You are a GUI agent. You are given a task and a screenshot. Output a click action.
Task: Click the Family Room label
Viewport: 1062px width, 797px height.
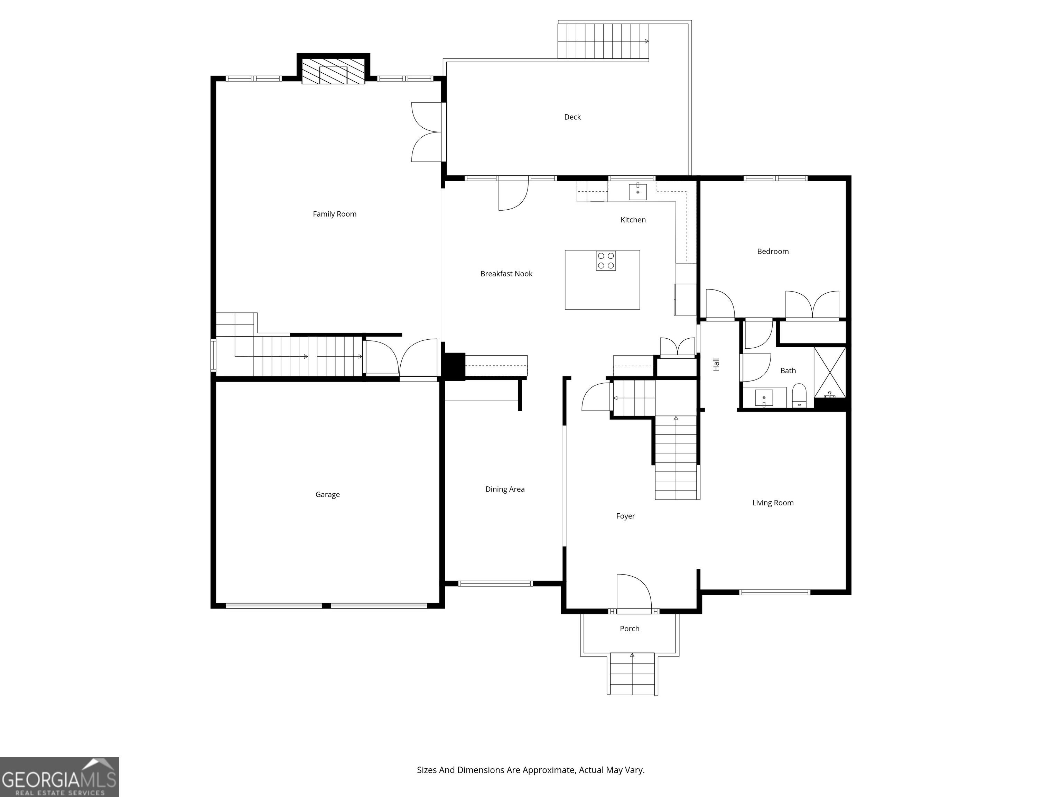click(x=335, y=214)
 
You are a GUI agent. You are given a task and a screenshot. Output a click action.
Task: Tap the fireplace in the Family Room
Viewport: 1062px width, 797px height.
click(x=333, y=71)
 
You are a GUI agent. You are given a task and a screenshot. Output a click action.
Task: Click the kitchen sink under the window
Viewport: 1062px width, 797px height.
click(x=637, y=191)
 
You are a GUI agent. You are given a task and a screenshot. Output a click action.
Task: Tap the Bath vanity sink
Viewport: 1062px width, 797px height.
click(x=764, y=398)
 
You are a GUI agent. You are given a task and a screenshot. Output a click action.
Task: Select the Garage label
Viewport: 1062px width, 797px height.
click(x=327, y=495)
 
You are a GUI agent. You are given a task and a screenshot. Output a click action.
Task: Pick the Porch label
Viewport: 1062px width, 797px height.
click(x=630, y=629)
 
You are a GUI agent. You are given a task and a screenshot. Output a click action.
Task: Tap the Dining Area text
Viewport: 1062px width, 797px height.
click(x=505, y=489)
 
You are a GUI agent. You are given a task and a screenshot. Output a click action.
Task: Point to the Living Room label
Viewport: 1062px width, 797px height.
click(x=773, y=503)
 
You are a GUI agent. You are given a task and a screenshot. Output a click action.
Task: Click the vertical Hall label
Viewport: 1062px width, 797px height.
click(x=716, y=365)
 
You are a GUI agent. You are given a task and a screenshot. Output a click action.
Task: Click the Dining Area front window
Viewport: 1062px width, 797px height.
click(x=495, y=584)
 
